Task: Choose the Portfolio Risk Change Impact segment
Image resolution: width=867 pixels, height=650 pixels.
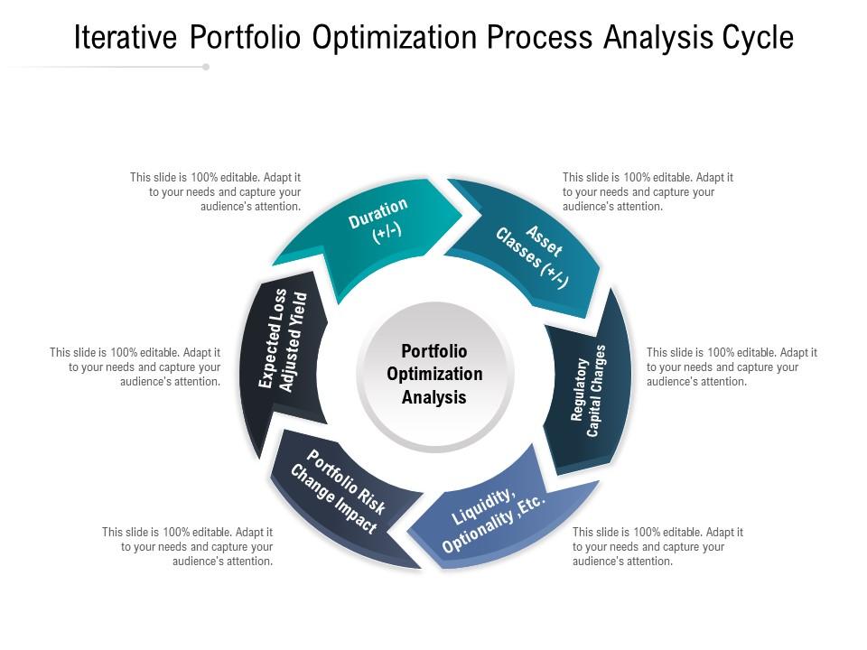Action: point(340,492)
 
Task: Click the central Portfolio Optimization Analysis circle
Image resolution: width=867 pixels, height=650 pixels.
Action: point(434,374)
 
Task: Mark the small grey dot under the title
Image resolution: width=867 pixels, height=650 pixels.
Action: point(206,67)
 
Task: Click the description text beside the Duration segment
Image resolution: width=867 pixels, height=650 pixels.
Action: point(216,191)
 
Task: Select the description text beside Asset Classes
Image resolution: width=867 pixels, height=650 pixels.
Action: point(648,191)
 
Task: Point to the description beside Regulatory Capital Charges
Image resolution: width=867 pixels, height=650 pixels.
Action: point(732,367)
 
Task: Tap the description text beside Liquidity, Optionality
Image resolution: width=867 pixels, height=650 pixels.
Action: point(657,546)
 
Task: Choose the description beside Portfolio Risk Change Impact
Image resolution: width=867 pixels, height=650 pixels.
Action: point(188,546)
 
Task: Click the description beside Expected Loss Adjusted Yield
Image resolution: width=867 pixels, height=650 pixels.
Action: point(135,367)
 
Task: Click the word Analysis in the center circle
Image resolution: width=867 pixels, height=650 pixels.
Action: point(434,397)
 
